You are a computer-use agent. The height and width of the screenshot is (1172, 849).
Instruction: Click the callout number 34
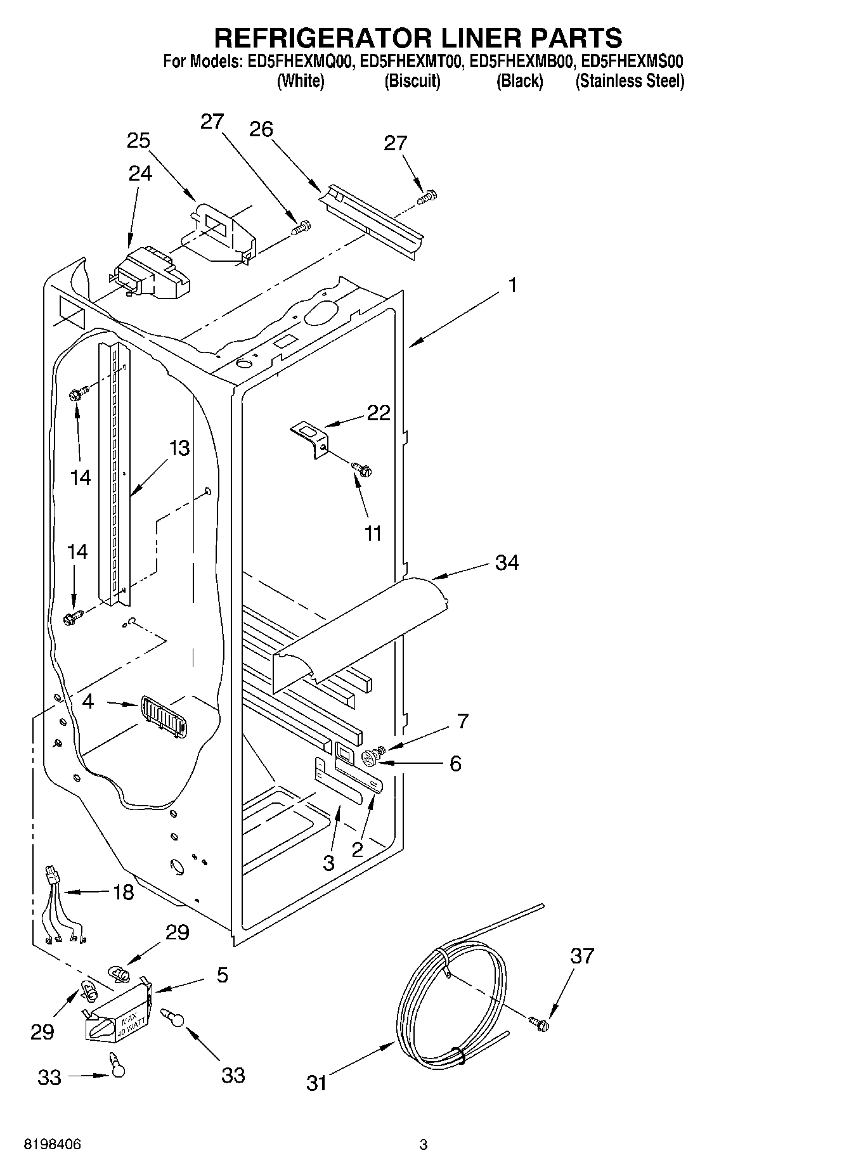click(506, 562)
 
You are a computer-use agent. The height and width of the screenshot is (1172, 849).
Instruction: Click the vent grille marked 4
click(163, 716)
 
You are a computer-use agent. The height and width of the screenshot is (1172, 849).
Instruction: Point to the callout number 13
click(179, 448)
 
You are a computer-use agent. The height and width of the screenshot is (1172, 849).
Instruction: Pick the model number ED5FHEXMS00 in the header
click(632, 61)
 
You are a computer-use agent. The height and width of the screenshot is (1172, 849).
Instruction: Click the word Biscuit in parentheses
click(412, 81)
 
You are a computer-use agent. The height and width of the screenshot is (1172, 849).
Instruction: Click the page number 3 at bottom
click(424, 1144)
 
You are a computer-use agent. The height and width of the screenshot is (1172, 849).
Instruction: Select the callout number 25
click(138, 140)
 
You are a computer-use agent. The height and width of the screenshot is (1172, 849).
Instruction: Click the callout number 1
click(512, 286)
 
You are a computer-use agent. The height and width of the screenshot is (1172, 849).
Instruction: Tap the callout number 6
click(455, 763)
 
